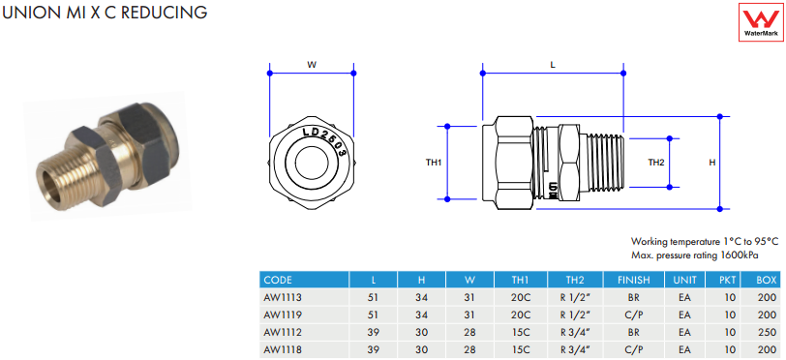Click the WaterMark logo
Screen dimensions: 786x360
[x=761, y=22]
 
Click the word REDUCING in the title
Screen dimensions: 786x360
[x=165, y=13]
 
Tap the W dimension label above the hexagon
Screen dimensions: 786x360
[x=312, y=65]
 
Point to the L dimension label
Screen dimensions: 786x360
[x=553, y=65]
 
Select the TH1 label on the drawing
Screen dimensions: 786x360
[x=434, y=163]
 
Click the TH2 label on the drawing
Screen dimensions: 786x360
[x=656, y=163]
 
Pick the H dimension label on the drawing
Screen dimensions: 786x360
[x=711, y=163]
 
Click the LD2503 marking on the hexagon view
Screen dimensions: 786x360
[x=326, y=140]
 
